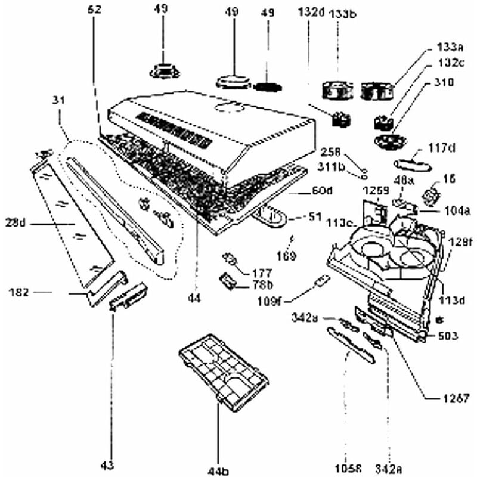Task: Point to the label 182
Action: [x=20, y=292]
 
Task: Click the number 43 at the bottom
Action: [x=109, y=464]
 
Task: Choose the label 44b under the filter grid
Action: [x=218, y=471]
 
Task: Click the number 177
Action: [x=260, y=271]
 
